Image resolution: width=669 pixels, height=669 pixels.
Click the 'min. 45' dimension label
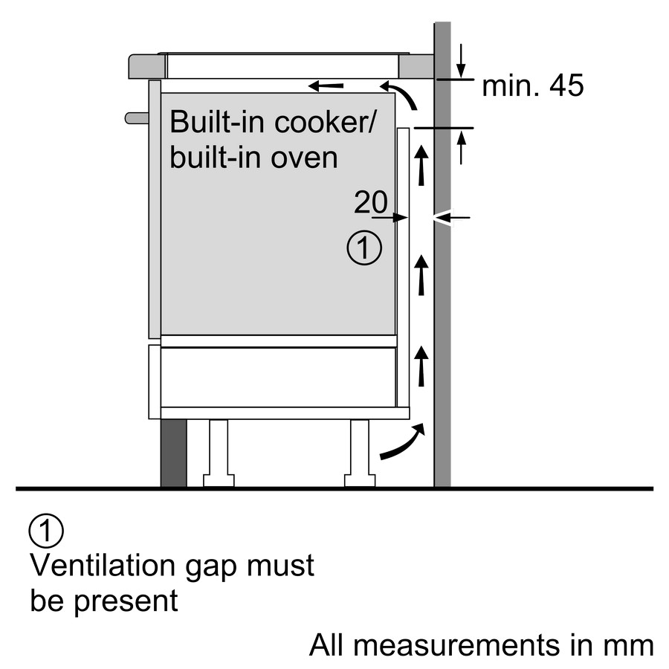pos(532,86)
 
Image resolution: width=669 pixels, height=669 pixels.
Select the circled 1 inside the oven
pos(364,248)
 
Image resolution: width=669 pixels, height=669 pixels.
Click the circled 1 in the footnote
pos(46,531)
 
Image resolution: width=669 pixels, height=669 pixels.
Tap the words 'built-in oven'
pos(253,157)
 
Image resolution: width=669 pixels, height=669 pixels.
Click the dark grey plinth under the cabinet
pos(173,453)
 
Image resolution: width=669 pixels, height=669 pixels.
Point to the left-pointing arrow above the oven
pos(326,86)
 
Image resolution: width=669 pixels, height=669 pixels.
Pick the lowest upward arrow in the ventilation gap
pos(422,366)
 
